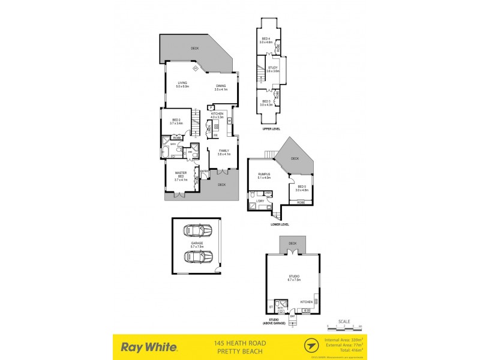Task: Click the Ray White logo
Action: coord(149,346)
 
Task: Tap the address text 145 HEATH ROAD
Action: coord(239,343)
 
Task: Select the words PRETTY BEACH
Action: coord(239,350)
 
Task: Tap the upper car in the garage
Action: coord(196,230)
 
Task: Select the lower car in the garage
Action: coord(196,257)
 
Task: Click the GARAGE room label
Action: coord(196,244)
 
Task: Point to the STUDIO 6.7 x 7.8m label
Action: coord(293,278)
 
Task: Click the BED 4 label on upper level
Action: coord(266,41)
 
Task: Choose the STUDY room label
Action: coord(273,69)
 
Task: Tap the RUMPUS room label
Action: coord(264,175)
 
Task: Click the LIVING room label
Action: coord(182,85)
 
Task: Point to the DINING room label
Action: coord(221,88)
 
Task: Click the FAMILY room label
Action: coord(224,152)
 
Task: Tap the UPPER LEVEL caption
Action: coord(272,128)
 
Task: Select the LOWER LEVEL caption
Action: coord(280,224)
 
